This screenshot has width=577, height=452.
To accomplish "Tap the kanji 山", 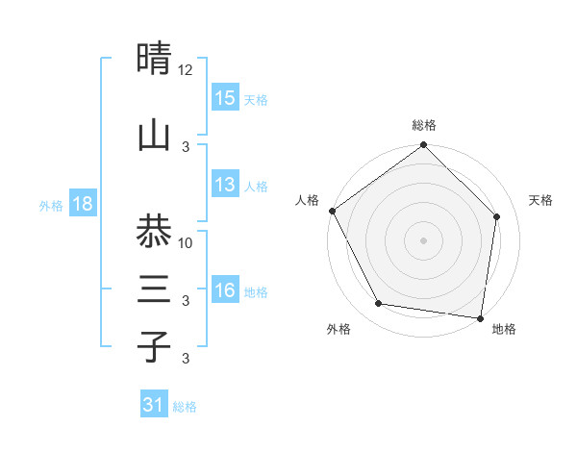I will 154,135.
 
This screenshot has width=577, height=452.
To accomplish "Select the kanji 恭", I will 154,231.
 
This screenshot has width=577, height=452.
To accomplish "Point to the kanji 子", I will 154,346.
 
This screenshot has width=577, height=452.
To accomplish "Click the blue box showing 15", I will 225,98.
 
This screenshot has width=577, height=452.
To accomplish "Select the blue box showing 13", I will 225,186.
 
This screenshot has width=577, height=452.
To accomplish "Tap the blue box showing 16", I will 225,291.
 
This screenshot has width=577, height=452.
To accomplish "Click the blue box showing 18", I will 82,205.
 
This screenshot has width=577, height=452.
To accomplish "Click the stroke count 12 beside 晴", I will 186,70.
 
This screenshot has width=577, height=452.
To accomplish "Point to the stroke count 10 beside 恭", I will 187,242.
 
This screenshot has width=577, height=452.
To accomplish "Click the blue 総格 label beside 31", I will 185,407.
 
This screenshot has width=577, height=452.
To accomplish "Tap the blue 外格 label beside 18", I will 50,206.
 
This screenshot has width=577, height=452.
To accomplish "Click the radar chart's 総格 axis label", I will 424,125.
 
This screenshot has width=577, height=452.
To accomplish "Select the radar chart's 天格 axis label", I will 541,200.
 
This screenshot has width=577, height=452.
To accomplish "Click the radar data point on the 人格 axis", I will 332,211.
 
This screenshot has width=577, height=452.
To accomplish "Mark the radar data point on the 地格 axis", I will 481,317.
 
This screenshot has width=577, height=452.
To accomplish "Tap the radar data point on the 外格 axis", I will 379,304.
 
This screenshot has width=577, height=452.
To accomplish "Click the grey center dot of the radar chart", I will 424,239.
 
